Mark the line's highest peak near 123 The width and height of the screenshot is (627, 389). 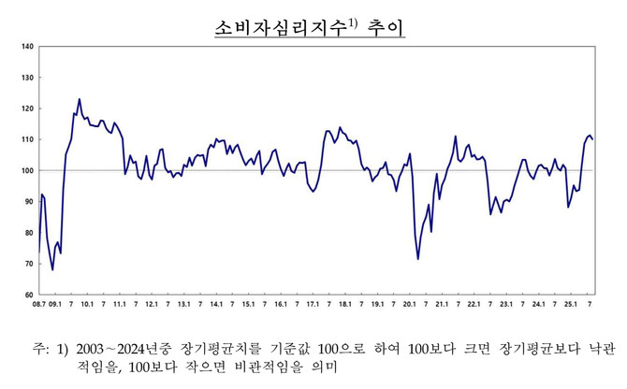coord(80,99)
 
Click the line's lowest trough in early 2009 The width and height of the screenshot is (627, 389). coord(52,269)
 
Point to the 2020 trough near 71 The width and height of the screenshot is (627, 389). coord(417,258)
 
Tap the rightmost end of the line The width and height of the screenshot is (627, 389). coord(592,139)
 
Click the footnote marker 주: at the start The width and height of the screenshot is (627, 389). coord(40,349)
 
